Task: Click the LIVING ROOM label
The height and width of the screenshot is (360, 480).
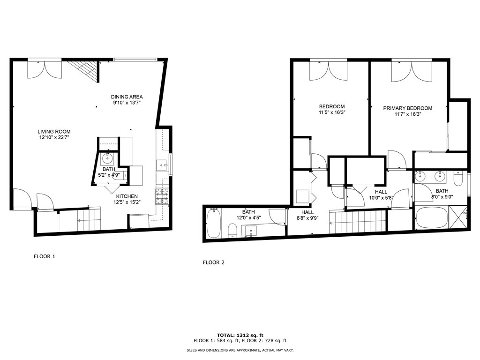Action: coord(54,132)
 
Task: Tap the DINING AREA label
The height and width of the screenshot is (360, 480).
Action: coord(127,97)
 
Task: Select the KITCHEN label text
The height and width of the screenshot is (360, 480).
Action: coord(127,196)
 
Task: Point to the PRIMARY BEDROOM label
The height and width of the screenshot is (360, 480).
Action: coord(408,108)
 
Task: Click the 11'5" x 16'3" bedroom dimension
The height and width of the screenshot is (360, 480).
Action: coord(332,112)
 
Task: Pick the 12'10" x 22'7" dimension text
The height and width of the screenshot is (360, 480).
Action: coord(54,137)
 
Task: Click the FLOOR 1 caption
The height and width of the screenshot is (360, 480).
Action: coord(45,256)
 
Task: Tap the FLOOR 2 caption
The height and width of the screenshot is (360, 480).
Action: coord(214,262)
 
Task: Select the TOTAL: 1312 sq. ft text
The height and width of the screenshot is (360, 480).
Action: coord(240,335)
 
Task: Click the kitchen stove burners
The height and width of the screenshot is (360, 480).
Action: coord(162,196)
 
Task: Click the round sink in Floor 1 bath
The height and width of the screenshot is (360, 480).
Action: coord(107,158)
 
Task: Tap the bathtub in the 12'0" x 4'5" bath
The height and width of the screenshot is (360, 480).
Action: coord(213,224)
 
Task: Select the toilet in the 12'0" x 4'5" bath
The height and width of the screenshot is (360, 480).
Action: coord(232,231)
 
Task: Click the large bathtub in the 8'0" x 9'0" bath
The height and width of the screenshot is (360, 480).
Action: coord(432,217)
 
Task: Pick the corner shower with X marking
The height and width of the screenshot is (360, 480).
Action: coord(458,217)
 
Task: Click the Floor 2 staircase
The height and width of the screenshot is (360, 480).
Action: coord(357,222)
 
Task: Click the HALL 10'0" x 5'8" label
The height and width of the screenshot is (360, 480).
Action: coord(381,195)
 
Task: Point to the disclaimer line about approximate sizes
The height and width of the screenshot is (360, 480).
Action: coord(240,350)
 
